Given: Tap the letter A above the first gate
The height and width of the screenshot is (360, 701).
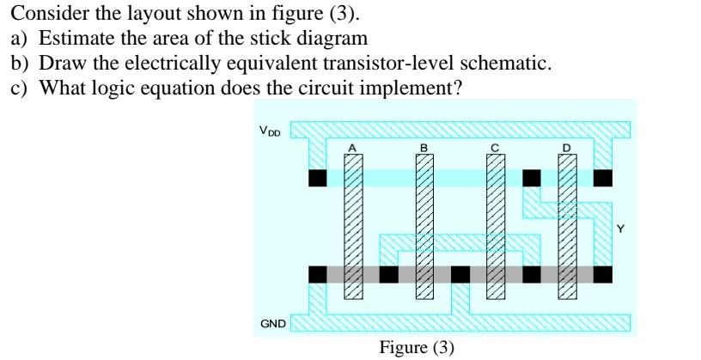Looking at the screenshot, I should pos(350,149).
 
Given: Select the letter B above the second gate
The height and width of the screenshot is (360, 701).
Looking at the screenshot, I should pos(423,149).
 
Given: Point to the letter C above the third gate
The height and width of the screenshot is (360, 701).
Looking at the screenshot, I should pos(494,149).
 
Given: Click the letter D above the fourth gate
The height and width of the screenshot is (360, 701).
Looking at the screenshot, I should pos(565,149).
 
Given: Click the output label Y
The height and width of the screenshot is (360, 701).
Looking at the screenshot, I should pos(621,229).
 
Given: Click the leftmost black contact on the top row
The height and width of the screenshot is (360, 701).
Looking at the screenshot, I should pos(317,178).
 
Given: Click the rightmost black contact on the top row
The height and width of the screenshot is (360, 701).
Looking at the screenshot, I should pos(603,178).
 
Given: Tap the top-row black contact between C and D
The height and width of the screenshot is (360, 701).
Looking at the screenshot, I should pos(532,178).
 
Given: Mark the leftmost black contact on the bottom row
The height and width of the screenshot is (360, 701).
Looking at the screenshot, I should pos(317,274).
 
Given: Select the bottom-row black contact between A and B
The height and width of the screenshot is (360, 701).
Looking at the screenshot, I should pos(388,274).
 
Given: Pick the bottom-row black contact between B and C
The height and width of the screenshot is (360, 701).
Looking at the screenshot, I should pos(460,274).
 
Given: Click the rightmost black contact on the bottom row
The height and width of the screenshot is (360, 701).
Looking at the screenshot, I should pos(603,274).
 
